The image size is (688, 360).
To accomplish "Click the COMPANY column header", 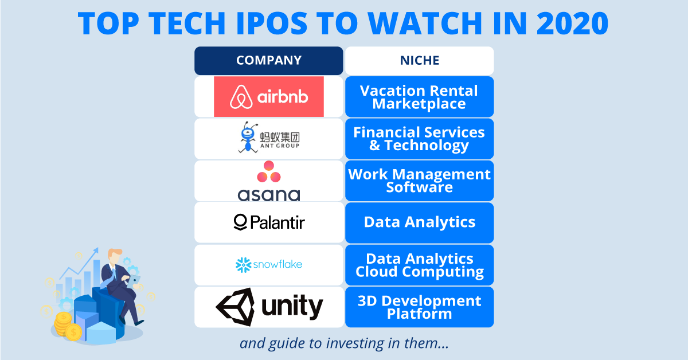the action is (x=269, y=61).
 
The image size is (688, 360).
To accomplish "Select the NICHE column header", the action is (x=420, y=61).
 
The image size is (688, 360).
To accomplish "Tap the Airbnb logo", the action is (x=269, y=97).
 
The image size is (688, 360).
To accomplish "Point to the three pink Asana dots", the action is (x=269, y=171).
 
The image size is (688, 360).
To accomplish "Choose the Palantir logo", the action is (x=269, y=222).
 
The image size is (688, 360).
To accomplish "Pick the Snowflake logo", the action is (x=269, y=265).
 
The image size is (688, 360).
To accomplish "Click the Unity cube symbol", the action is (x=236, y=307).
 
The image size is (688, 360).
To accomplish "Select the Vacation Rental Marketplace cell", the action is (x=420, y=97).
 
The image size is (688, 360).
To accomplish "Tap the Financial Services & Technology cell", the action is (x=420, y=139).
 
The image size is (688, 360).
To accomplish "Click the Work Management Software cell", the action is (x=420, y=181).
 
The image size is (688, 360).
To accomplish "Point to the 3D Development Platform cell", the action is (x=420, y=307).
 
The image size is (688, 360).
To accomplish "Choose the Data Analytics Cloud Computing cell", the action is (x=420, y=265).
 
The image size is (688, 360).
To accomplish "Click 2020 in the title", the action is (x=572, y=24).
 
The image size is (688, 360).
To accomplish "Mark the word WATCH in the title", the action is (x=425, y=24).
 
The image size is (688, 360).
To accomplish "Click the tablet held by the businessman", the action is (x=134, y=281).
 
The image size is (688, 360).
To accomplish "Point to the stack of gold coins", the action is (x=66, y=326).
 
